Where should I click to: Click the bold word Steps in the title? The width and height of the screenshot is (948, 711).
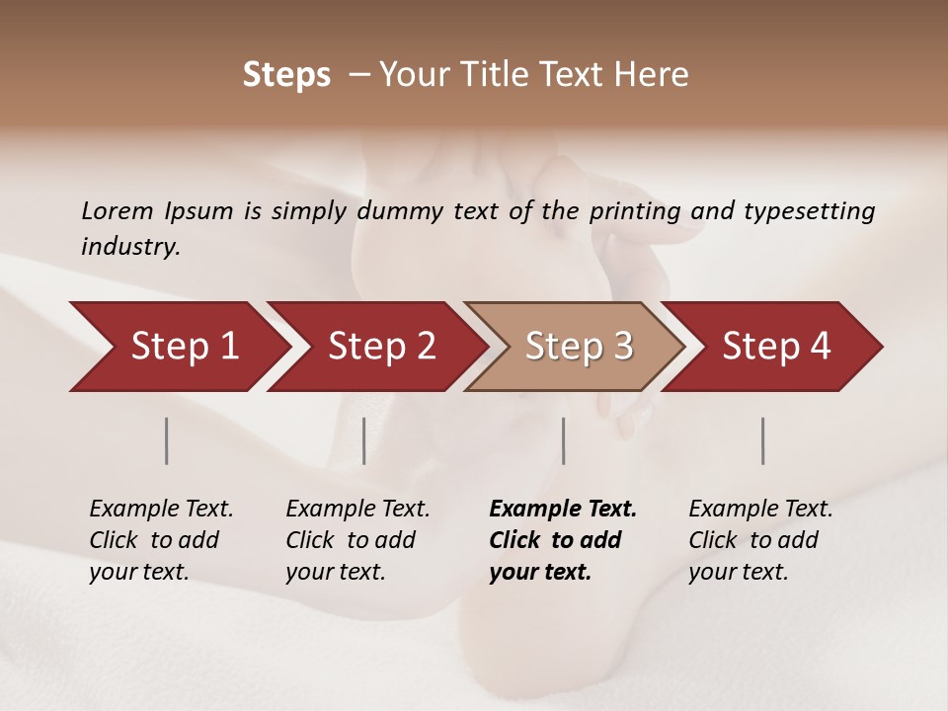(x=286, y=75)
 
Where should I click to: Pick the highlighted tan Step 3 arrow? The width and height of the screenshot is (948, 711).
(x=579, y=347)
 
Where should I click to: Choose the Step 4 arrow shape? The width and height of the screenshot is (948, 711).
(x=776, y=347)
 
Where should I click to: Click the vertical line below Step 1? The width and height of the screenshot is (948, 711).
(x=167, y=440)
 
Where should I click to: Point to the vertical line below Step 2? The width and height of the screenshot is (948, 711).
(x=364, y=440)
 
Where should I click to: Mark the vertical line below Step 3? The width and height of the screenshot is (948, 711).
(x=564, y=440)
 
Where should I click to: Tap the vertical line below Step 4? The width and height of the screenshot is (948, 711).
(x=763, y=440)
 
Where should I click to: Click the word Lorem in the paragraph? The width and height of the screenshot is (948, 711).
(x=117, y=211)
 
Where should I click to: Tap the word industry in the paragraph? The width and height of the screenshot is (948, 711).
(x=130, y=247)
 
